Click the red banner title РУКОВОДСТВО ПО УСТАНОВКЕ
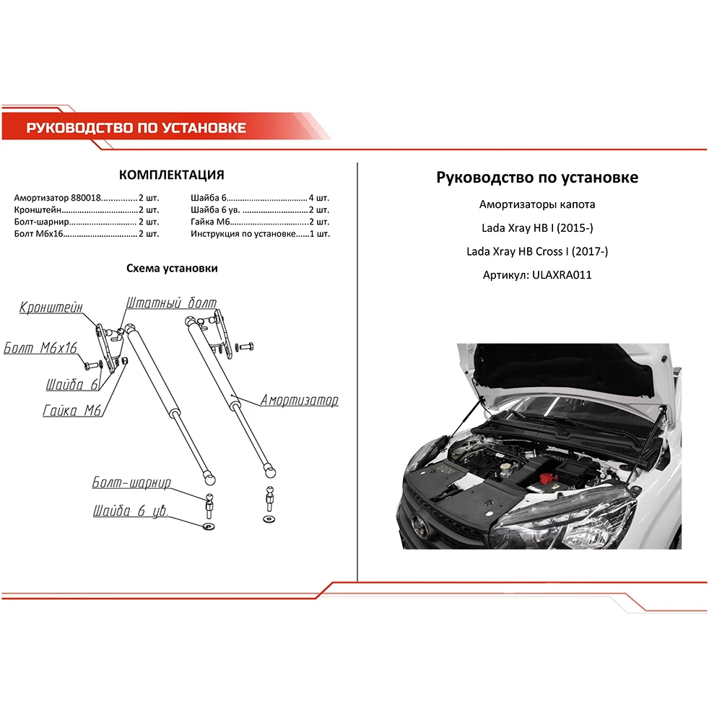point(136,129)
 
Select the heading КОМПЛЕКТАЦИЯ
point(171,175)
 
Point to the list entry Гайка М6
point(210,222)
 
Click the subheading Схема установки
point(172,268)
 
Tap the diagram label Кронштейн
point(51,307)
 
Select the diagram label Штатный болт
point(171,303)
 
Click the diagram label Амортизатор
point(299,400)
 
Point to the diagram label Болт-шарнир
point(131,482)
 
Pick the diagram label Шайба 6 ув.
point(130,512)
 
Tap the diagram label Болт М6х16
point(40,349)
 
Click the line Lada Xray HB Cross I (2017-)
point(537,251)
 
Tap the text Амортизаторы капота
point(537,204)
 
